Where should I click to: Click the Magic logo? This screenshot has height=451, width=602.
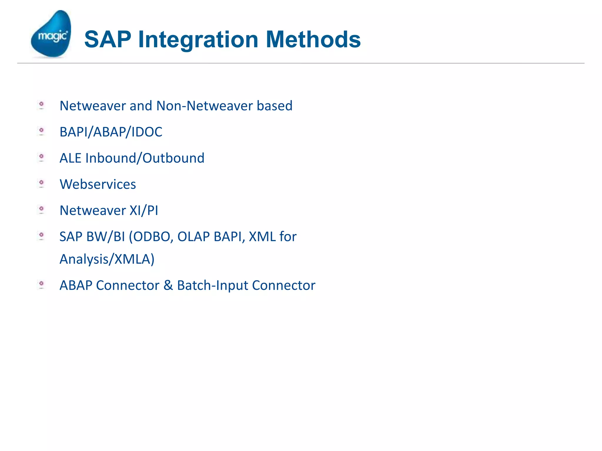(x=51, y=34)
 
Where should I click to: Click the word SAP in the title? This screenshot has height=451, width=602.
(x=108, y=39)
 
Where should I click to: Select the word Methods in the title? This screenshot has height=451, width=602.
(x=313, y=39)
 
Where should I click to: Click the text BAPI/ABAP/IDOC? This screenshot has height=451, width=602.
(x=111, y=132)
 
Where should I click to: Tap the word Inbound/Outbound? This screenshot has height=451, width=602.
(x=145, y=158)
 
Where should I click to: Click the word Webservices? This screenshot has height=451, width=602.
(x=98, y=184)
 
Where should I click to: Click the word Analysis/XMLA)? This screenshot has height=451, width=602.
(x=107, y=259)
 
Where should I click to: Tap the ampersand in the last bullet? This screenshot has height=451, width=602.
(x=168, y=285)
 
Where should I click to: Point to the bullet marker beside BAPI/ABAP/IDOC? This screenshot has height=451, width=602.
(x=41, y=131)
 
